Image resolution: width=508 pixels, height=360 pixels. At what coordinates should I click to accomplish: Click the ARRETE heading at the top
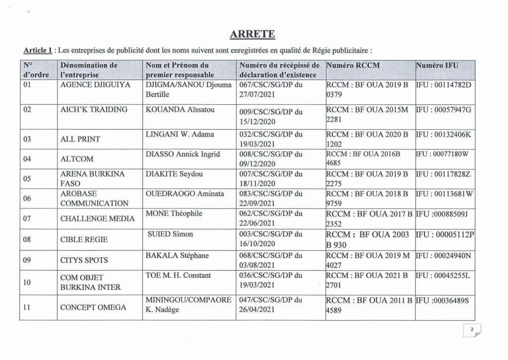pos(254,34)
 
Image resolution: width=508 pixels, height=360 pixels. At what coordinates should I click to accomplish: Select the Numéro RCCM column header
pos(353,65)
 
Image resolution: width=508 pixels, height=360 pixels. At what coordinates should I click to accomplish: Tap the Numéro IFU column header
pos(437,65)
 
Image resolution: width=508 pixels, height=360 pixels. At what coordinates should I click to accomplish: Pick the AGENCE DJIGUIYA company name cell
pos(95,85)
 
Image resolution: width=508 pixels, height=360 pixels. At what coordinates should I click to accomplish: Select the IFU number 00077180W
pos(444,154)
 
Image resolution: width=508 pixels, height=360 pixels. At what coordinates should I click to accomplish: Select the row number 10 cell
pos(28,281)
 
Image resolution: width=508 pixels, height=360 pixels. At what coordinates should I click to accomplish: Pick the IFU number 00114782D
pos(444,85)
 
